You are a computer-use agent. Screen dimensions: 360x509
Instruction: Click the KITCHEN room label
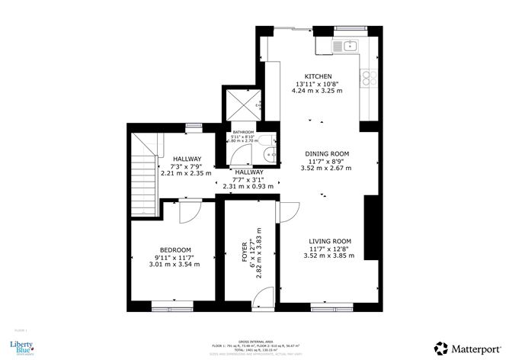316,76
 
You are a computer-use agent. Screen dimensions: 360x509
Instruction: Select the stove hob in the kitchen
369,77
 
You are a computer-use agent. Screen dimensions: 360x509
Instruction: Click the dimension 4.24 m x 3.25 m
317,91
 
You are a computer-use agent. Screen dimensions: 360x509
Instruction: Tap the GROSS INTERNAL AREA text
254,342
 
